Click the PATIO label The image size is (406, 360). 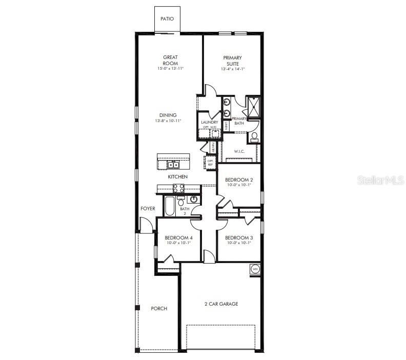pyautogui.click(x=167, y=19)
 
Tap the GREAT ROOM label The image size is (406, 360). pyautogui.click(x=170, y=60)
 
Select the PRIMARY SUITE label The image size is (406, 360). pyautogui.click(x=233, y=60)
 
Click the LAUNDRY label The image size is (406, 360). pyautogui.click(x=209, y=123)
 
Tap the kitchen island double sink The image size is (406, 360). pyautogui.click(x=173, y=165)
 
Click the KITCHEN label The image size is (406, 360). pyautogui.click(x=178, y=177)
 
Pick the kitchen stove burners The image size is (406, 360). pyautogui.click(x=178, y=188)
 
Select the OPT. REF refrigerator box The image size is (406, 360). pyautogui.click(x=210, y=163)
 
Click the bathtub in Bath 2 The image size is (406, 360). pyautogui.click(x=169, y=206)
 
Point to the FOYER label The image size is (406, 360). pyautogui.click(x=148, y=209)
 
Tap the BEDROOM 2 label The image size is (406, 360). pyautogui.click(x=239, y=180)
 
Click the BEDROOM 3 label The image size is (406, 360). pyautogui.click(x=239, y=237)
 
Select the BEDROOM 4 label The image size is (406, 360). pyautogui.click(x=178, y=237)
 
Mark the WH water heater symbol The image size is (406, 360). pyautogui.click(x=255, y=268)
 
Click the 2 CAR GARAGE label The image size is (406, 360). pyautogui.click(x=221, y=304)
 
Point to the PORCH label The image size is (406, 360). pyautogui.click(x=159, y=309)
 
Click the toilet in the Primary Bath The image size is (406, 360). pyautogui.click(x=254, y=137)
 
